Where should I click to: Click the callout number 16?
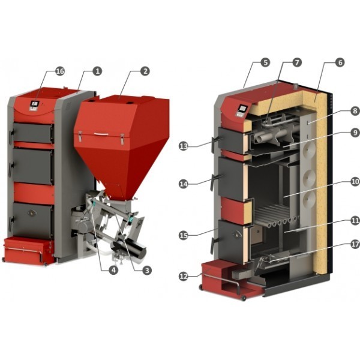pos(59,71)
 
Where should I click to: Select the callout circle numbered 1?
pos(97,71)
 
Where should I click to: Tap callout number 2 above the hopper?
pos(145,71)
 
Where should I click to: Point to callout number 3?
pos(147,270)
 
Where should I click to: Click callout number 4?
pos(113,270)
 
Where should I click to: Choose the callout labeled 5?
pos(265,62)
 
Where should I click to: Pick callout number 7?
pos(297,62)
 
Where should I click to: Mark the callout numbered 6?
pos(340,62)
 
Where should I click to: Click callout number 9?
pos(355,133)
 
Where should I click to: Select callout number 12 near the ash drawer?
pos(184,277)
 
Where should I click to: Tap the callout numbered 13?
pos(184,146)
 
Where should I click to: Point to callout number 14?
pos(184,184)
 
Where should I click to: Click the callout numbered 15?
pos(184,236)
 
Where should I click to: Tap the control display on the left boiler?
pos(34,104)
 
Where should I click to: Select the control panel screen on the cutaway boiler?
pos(242,108)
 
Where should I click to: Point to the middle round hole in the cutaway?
pos(309,177)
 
